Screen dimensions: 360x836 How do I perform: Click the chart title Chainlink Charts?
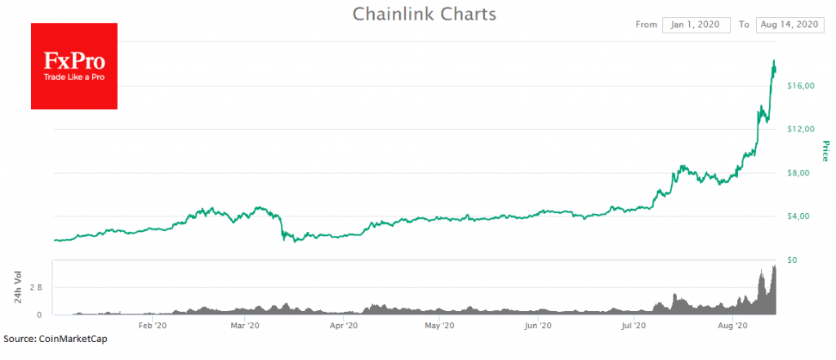tap(424, 14)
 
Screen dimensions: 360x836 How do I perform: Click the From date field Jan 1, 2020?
tap(696, 24)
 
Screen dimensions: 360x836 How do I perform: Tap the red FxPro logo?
tap(74, 66)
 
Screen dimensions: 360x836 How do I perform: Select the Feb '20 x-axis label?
tap(153, 325)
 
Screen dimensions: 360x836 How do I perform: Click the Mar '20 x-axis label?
tap(245, 325)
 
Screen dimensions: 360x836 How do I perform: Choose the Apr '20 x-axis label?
tap(344, 325)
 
